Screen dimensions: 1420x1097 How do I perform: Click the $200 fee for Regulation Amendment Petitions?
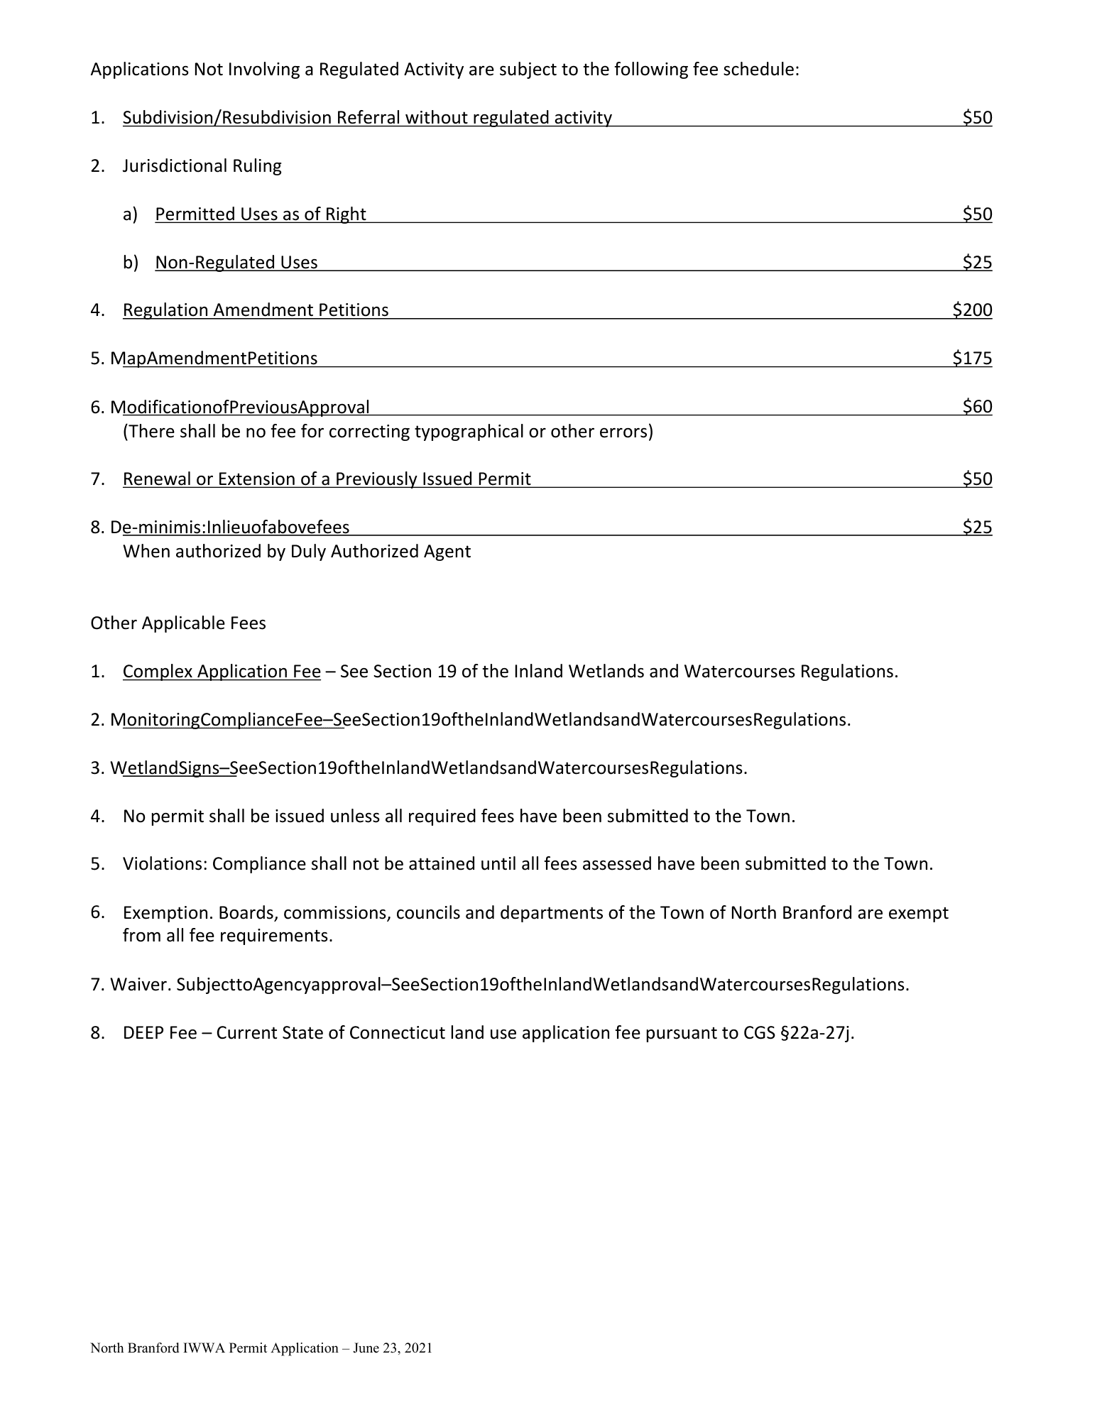[x=972, y=310]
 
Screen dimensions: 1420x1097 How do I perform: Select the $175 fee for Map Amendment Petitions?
[x=972, y=359]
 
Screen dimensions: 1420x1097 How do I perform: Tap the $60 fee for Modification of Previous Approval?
[x=977, y=407]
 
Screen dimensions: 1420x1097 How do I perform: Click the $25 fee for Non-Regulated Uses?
[x=977, y=263]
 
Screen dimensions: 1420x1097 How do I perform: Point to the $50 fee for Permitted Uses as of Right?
[x=977, y=214]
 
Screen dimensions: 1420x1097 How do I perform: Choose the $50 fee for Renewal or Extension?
[x=977, y=479]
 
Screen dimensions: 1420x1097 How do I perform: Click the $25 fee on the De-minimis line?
[x=977, y=528]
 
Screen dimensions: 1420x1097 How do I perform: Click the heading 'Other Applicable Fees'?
[x=178, y=623]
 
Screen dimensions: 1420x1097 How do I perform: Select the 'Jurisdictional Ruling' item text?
[x=202, y=166]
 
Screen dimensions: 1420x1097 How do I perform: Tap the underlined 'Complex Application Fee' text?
[x=222, y=672]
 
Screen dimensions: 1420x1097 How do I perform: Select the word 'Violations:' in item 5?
[x=165, y=864]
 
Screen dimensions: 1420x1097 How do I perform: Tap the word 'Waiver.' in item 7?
[x=141, y=985]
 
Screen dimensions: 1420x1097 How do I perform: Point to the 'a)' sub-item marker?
[x=130, y=214]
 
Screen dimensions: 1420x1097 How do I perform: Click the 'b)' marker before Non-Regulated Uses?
[x=130, y=263]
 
